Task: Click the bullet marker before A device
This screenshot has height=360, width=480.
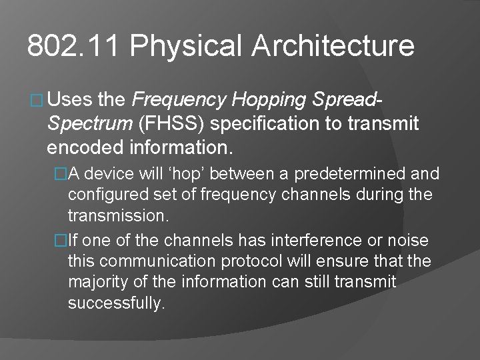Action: click(x=61, y=175)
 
